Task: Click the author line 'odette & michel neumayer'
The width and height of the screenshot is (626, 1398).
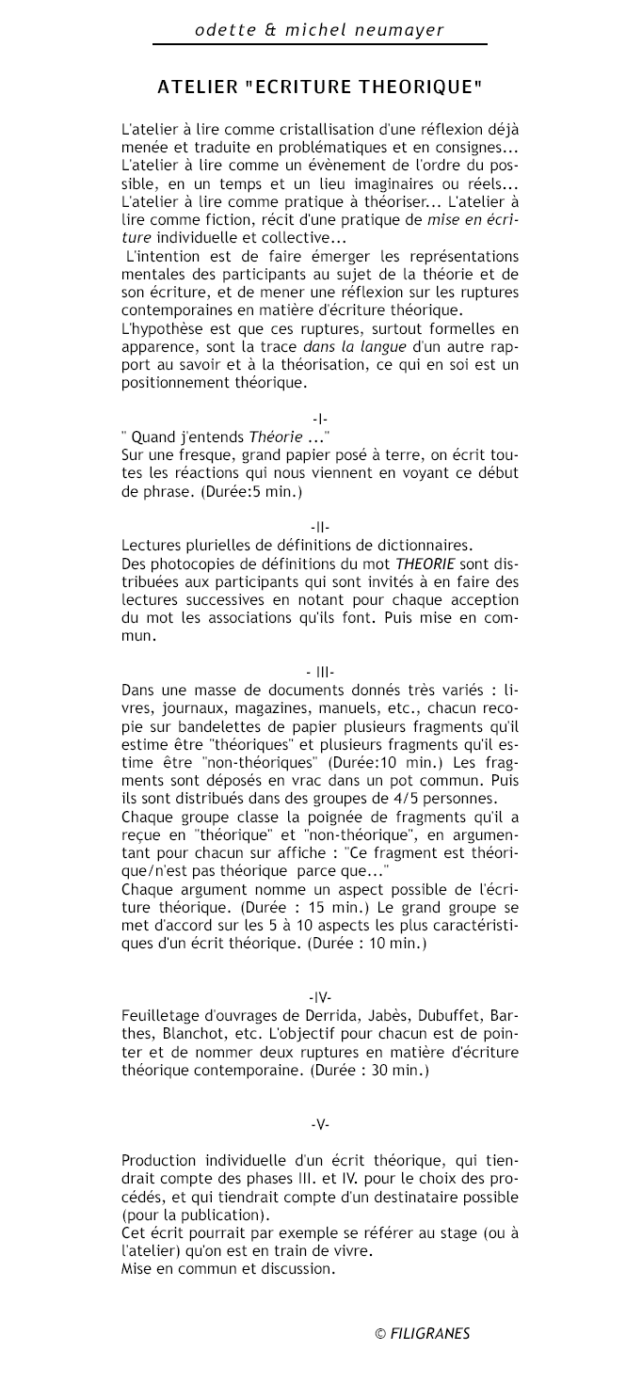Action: coord(319,29)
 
